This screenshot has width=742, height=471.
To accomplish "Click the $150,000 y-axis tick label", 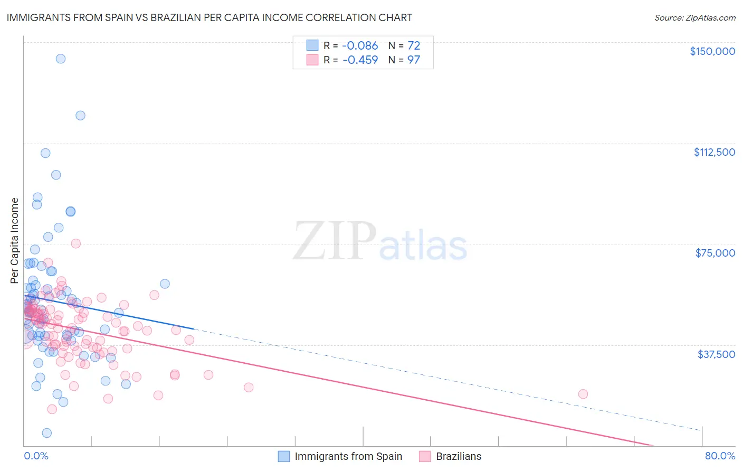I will (x=712, y=51).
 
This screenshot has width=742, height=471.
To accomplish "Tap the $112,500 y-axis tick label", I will (x=714, y=152).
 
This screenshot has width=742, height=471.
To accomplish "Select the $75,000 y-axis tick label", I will (x=715, y=253).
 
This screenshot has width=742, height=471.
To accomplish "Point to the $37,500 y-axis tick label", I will (x=716, y=354).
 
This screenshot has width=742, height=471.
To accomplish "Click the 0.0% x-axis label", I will (x=36, y=456).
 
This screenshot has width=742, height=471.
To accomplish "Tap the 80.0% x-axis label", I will (x=720, y=456).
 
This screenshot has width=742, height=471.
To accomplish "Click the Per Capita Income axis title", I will (x=15, y=240).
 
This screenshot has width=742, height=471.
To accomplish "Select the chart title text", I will (x=210, y=17).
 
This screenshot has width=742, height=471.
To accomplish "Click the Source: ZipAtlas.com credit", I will (x=695, y=18).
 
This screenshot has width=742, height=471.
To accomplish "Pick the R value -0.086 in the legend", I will (x=360, y=46).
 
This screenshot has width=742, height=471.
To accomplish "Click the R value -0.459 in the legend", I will (x=360, y=60).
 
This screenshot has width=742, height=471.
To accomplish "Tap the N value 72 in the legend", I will (x=414, y=46).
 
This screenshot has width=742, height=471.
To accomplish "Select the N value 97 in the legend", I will (x=414, y=60).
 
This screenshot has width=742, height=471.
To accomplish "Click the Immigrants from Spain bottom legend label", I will (x=348, y=456).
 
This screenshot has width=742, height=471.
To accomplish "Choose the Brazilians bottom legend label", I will (x=459, y=456).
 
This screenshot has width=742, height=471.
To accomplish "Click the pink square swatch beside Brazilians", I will (x=425, y=456).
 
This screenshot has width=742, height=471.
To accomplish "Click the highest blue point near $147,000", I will (x=61, y=59).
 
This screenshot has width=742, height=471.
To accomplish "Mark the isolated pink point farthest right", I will (x=583, y=394).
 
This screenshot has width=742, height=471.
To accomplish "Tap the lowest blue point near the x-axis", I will (x=47, y=433).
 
